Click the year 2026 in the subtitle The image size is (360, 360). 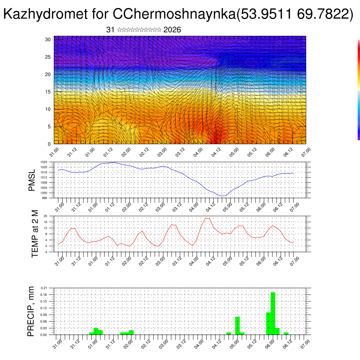click(x=172, y=30)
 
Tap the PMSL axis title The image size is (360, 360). click(x=32, y=180)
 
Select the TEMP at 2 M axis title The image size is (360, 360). click(x=34, y=234)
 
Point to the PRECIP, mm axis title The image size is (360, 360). click(x=31, y=311)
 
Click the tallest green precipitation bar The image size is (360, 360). click(x=273, y=313)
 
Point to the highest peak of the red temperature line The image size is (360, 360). click(x=210, y=218)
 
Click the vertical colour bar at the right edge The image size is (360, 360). click(x=359, y=90)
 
